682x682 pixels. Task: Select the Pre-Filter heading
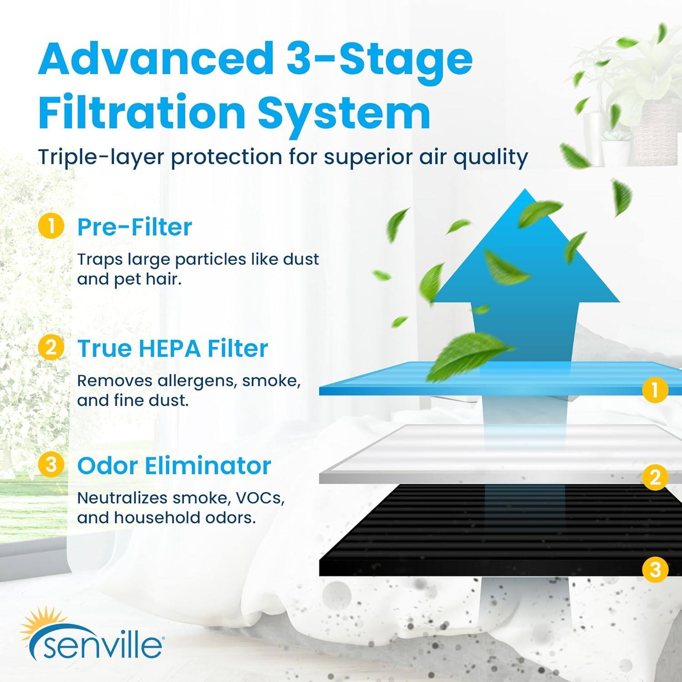pyautogui.click(x=135, y=227)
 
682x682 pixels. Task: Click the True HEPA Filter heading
pyautogui.click(x=173, y=349)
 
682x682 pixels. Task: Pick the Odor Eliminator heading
pyautogui.click(x=174, y=466)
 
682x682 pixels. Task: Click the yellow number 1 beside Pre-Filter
pyautogui.click(x=51, y=226)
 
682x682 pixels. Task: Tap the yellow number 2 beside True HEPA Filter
pyautogui.click(x=51, y=348)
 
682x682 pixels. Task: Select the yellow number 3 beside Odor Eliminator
pyautogui.click(x=51, y=465)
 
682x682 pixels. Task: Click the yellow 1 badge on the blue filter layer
pyautogui.click(x=655, y=390)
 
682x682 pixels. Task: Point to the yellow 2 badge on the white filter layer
pyautogui.click(x=655, y=477)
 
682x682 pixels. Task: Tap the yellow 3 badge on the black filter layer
pyautogui.click(x=655, y=569)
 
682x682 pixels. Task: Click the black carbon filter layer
pyautogui.click(x=455, y=537)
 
